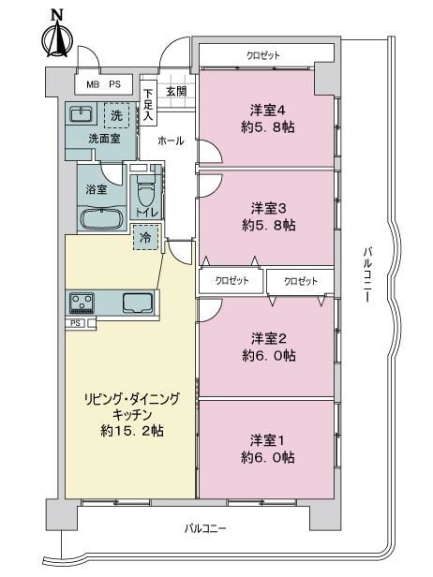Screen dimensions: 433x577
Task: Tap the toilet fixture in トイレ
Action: coord(146,191)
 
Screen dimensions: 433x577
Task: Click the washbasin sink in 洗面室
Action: coord(81,114)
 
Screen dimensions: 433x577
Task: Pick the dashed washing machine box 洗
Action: coord(116,115)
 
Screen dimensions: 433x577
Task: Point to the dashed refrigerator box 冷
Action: coord(145,237)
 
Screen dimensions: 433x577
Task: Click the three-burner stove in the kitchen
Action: coord(82,303)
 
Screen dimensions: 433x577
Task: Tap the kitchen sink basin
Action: coord(138,303)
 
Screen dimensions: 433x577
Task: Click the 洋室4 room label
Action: coord(268,111)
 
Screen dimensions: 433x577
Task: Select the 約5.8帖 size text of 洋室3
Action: coord(269,225)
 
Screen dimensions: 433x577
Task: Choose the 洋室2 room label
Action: coord(269,338)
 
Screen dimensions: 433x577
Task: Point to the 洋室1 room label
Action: coord(268,440)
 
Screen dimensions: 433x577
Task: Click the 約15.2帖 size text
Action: coord(132,431)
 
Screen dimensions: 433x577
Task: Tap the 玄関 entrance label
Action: coord(176,91)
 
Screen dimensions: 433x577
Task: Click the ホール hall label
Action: coord(171,141)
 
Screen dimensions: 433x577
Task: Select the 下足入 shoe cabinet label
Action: coord(148,105)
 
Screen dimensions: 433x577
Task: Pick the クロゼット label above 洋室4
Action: coord(263,55)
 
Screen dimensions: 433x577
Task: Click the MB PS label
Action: coord(103,84)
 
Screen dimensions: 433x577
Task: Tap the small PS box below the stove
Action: coord(76,323)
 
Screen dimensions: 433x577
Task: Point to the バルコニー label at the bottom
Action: coord(205,528)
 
